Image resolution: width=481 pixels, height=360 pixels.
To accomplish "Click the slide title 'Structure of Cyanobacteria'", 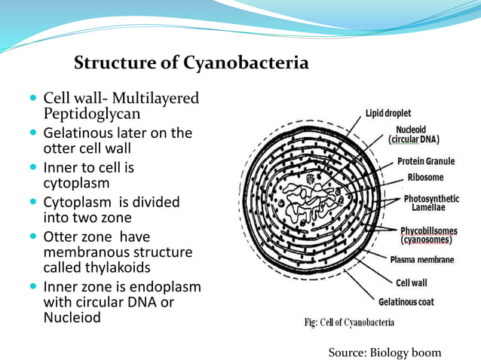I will click(191, 63).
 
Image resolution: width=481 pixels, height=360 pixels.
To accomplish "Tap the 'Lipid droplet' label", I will click(388, 113).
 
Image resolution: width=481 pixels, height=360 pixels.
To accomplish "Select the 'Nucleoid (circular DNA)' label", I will click(414, 134).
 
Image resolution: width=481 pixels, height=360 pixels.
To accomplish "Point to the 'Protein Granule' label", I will click(426, 161).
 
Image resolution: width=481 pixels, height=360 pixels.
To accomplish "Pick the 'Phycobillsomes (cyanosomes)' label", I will click(426, 235).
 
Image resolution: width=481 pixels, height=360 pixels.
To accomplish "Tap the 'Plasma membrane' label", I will click(421, 260).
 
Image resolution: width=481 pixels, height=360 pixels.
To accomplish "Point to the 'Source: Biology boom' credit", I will click(384, 352).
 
